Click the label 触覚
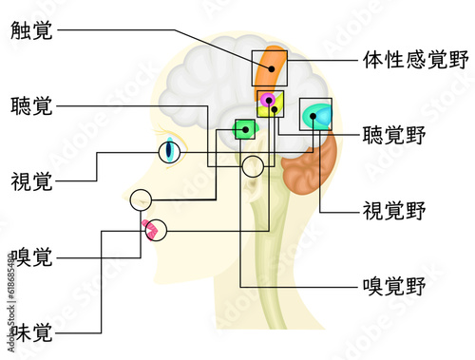[x=33, y=30]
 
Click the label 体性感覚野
[x=416, y=61]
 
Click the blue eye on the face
[x=171, y=150]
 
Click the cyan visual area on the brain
[x=316, y=116]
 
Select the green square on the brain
[x=246, y=128]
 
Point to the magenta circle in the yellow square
[x=268, y=101]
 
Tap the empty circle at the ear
[x=253, y=166]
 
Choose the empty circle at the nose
[x=141, y=199]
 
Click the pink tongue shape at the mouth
[x=149, y=228]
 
